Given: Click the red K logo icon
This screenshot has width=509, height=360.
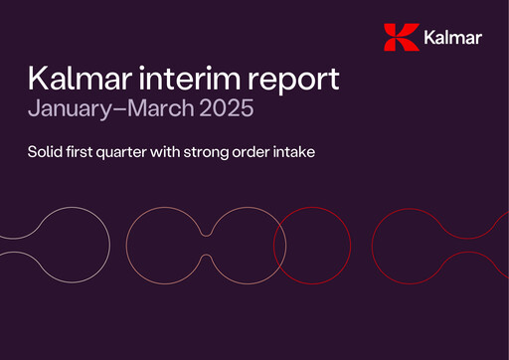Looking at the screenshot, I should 400,38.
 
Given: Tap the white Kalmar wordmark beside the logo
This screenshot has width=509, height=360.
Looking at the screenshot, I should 451,39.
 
